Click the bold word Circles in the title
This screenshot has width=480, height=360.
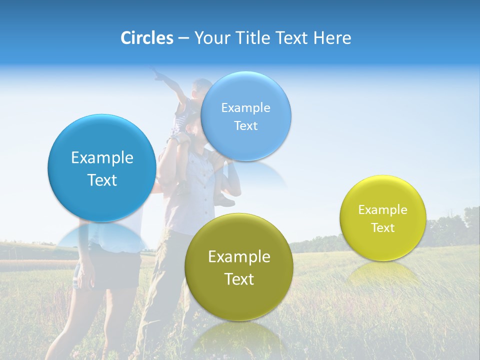click(147, 38)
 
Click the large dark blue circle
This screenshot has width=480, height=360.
click(102, 168)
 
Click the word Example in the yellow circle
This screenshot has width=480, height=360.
click(383, 210)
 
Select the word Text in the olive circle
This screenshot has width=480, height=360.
click(239, 279)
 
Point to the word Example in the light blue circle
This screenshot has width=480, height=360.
click(245, 108)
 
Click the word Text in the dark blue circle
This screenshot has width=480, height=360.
click(102, 180)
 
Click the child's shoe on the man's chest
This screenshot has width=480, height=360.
click(224, 201)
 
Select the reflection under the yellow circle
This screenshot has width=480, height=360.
click(383, 275)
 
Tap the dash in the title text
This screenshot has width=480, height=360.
click(183, 38)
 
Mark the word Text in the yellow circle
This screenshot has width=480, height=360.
click(383, 228)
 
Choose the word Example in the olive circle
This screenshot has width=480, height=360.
click(239, 256)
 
